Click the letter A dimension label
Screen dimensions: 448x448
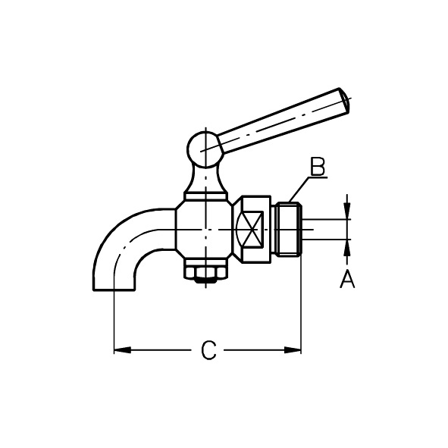347,280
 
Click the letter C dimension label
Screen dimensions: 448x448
208,349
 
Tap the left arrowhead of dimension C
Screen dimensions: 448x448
122,349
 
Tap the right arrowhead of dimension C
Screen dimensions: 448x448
293,349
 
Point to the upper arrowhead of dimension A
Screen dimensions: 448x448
347,211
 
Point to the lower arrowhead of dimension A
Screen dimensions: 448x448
347,247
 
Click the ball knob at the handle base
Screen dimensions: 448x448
205,149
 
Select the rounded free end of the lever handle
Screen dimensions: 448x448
344,101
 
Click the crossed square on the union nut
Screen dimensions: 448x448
250,229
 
